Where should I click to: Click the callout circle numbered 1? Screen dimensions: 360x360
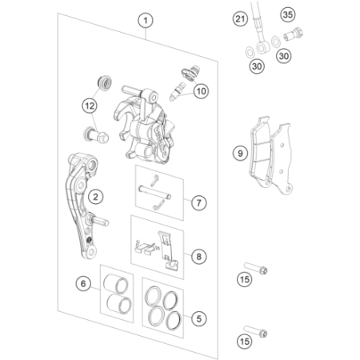[146, 21]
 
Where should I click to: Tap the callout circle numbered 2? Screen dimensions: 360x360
[95, 197]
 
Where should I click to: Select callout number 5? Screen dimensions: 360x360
[198, 318]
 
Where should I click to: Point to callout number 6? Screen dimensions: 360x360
[83, 283]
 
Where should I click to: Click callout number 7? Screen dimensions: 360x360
[198, 203]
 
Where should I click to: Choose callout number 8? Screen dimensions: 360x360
[198, 257]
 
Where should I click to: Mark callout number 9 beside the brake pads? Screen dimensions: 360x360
[240, 154]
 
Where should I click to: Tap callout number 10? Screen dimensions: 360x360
[201, 91]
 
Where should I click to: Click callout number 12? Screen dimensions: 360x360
[90, 106]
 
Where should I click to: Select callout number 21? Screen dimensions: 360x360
[240, 19]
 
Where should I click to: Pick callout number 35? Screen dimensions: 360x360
[288, 14]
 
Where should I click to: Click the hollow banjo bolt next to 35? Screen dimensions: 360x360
[293, 34]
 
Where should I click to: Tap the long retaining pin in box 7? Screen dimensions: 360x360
[154, 193]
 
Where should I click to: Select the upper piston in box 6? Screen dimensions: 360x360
[116, 284]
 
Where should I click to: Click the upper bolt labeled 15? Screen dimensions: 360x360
[255, 268]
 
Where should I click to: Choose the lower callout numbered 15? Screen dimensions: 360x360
[244, 342]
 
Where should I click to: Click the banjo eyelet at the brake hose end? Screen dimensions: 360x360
[263, 47]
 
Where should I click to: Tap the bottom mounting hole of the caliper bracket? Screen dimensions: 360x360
[92, 251]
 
